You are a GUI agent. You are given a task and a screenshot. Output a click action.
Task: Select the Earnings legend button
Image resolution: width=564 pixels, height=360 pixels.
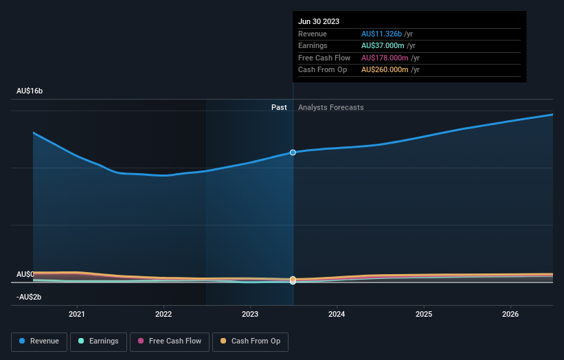pos(98,341)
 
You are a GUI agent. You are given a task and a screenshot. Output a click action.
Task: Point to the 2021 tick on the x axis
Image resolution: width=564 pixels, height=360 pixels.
pos(77,314)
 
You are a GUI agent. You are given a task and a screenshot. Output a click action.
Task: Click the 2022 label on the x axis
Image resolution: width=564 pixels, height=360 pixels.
pos(163,314)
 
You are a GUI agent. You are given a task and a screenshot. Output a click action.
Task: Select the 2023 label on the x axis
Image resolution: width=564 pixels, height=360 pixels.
pos(250,314)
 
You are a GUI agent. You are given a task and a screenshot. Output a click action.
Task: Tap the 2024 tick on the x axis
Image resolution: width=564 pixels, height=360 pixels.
pos(337,314)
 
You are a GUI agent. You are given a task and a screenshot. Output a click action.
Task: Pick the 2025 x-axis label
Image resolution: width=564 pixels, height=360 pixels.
pos(424,314)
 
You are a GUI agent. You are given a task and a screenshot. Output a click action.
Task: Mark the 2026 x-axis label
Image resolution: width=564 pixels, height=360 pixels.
pos(510,314)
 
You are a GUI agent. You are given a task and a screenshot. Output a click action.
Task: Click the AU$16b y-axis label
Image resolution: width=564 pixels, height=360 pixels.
pos(30,91)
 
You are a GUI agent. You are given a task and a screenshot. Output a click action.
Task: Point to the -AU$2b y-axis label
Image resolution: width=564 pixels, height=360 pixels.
pos(29,297)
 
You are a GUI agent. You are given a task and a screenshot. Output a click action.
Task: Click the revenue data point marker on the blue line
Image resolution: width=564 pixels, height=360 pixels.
pos(293,152)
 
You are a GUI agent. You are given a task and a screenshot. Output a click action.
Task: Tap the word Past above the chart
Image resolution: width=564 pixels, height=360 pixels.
pos(279,107)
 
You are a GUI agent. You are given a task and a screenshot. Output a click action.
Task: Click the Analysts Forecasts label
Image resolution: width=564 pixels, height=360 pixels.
pos(330,107)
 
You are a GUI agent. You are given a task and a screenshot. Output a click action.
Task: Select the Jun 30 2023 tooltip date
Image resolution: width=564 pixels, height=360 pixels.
pos(319,22)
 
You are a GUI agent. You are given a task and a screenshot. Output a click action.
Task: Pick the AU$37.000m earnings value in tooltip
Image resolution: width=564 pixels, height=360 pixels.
pos(385,46)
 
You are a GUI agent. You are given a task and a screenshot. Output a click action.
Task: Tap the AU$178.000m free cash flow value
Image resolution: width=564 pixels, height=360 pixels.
pos(387,58)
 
